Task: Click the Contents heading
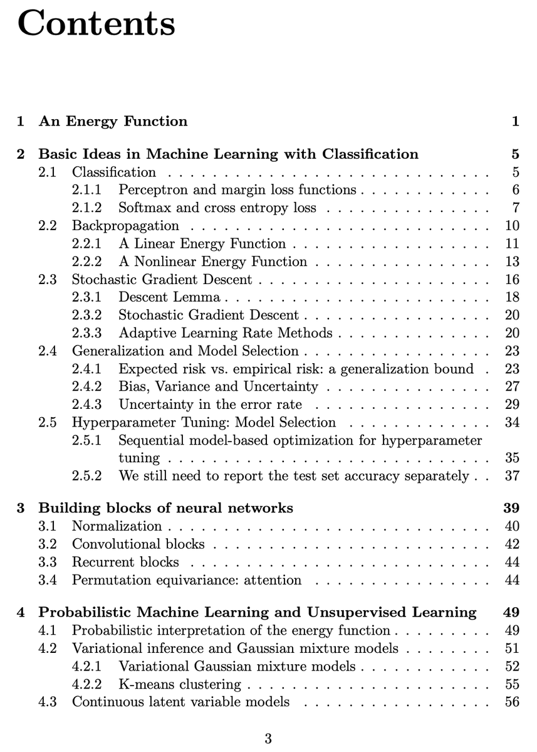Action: [96, 24]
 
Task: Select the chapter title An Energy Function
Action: [113, 121]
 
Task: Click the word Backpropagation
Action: [125, 226]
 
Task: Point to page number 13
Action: [511, 262]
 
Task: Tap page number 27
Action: [511, 386]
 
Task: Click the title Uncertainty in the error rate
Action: [210, 405]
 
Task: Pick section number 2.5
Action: [48, 422]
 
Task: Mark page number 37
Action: [511, 476]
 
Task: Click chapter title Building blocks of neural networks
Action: [165, 508]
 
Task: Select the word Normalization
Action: [117, 526]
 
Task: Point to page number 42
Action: [511, 544]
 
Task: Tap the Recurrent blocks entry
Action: [125, 562]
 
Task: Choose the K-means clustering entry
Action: [179, 684]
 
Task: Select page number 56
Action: [511, 702]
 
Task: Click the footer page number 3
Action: [268, 738]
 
